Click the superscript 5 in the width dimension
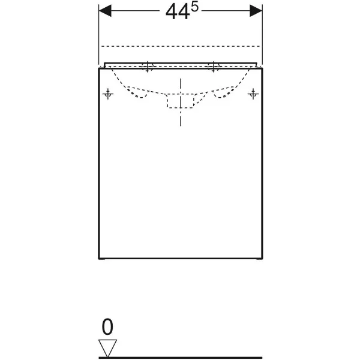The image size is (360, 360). click(x=194, y=8)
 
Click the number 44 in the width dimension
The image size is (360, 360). click(x=178, y=13)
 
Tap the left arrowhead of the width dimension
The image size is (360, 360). click(x=105, y=11)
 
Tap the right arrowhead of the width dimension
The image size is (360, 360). click(x=256, y=11)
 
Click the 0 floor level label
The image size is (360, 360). click(x=107, y=327)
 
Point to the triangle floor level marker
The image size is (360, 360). click(x=107, y=348)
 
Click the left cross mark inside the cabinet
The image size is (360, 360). click(x=108, y=94)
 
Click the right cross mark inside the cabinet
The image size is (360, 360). click(x=253, y=94)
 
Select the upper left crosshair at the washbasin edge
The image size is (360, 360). click(x=148, y=67)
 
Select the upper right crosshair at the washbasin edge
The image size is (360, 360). click(x=214, y=67)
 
